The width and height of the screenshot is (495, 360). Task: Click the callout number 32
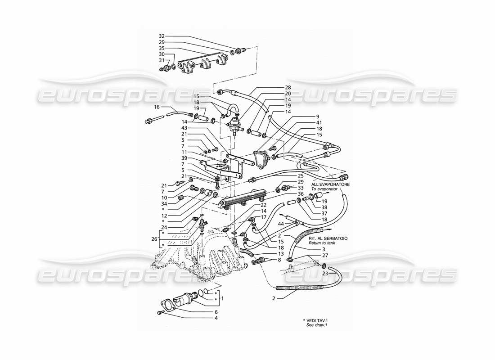tap(162, 36)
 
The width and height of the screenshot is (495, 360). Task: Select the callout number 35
tap(162, 48)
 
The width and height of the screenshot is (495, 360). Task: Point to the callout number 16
tap(157, 107)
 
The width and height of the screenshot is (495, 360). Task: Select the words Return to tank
tap(322, 243)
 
